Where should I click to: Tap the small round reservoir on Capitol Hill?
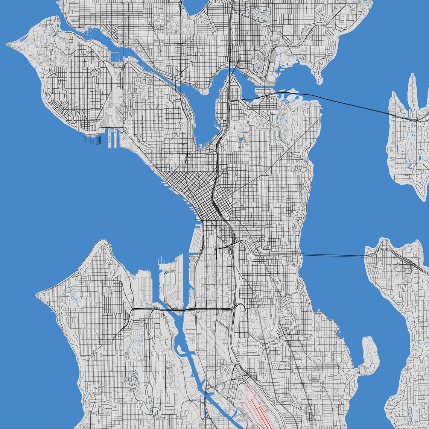[241, 140]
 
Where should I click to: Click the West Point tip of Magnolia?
[8, 44]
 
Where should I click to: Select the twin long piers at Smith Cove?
[113, 137]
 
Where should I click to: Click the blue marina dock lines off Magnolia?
[92, 140]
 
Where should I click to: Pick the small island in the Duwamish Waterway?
[181, 353]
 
